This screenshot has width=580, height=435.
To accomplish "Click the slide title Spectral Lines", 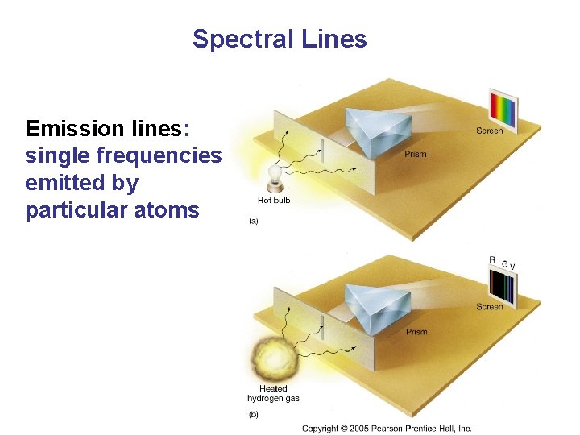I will point(280,39).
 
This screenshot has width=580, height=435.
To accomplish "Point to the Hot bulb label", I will point(275,201).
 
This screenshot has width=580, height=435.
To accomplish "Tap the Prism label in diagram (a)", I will point(416,154).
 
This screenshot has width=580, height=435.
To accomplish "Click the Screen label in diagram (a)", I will point(489,130).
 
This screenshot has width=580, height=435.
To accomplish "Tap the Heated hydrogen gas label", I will point(273,393).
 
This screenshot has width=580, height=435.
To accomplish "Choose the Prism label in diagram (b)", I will point(416,332).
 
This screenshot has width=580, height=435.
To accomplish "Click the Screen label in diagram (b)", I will point(489,307).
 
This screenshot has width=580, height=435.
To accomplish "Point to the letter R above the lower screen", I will point(492,259).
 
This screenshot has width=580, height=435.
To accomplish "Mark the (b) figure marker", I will point(253,414).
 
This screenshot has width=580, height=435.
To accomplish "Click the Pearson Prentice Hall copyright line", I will point(387,429).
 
